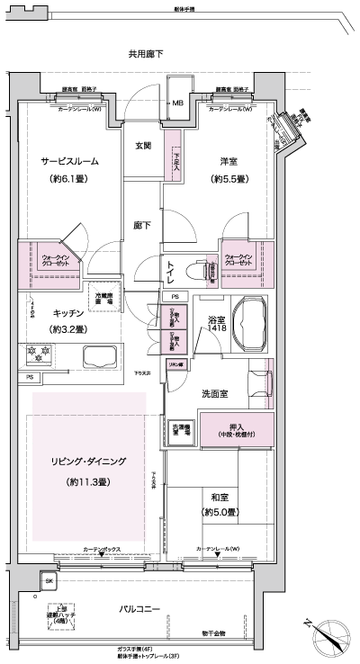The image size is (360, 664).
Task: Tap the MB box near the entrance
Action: (178, 102)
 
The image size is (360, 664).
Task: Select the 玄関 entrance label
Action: (143, 146)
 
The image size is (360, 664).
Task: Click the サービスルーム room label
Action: (68, 161)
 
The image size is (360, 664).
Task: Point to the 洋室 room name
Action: (229, 161)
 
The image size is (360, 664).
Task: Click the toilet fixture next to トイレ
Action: (196, 269)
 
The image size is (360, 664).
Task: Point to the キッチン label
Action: (68, 312)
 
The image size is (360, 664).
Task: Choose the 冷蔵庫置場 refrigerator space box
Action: (106, 298)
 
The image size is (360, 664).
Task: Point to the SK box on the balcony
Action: (49, 581)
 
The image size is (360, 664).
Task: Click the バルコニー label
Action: (140, 609)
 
